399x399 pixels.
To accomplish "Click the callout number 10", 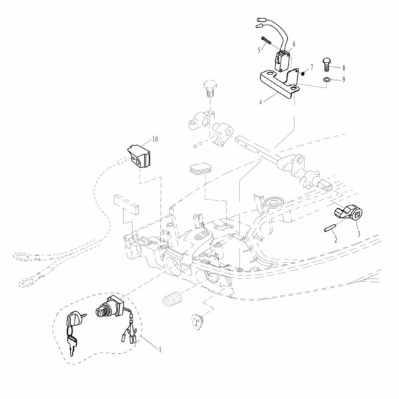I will point(155,140).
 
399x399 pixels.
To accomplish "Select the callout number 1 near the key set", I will point(160,348).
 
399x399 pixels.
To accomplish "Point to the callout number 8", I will point(344,68).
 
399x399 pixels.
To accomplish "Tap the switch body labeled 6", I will point(283,61).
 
